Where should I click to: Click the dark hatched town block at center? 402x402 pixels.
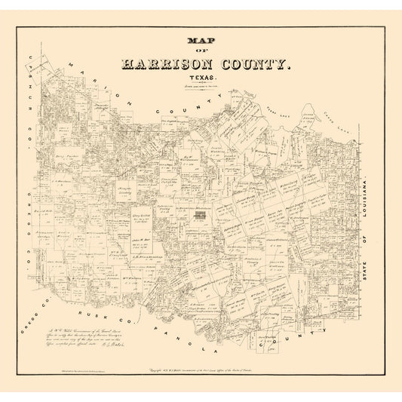(199, 216)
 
